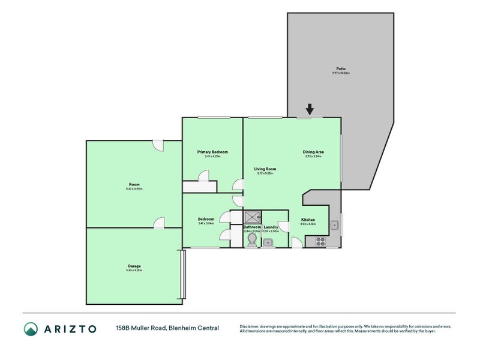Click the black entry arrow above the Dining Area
(x=310, y=109)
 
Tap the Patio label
(x=340, y=68)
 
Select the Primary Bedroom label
(x=212, y=152)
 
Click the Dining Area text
(x=313, y=152)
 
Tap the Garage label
(x=134, y=266)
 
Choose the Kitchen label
(x=308, y=220)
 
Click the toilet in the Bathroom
(x=252, y=240)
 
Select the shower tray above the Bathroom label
(x=252, y=217)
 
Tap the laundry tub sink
(x=268, y=242)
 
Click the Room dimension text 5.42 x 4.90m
(x=134, y=189)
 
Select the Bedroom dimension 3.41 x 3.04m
(x=206, y=223)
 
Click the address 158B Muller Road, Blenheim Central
(x=167, y=328)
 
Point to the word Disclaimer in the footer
(x=250, y=326)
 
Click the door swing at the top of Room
(x=158, y=146)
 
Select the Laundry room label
(x=271, y=227)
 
